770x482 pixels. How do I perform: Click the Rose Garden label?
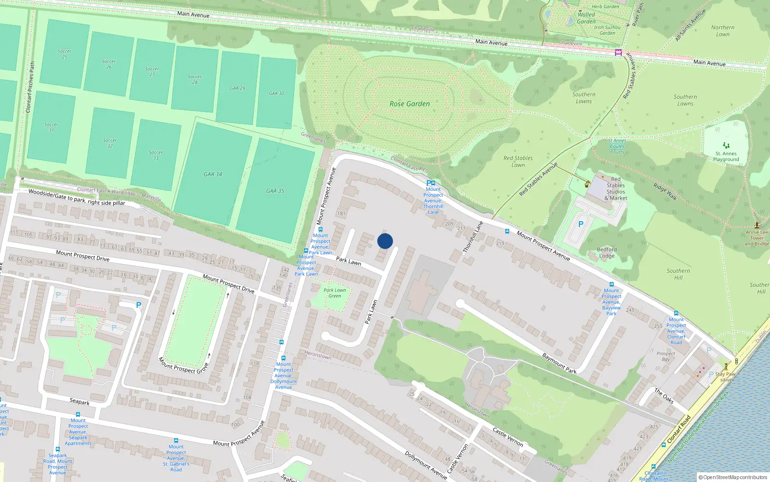point(410,104)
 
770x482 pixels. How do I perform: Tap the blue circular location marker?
point(385,241)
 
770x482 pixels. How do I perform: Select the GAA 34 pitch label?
point(213,174)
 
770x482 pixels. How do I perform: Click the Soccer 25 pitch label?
point(64,54)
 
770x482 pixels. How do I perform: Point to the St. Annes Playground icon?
point(726,145)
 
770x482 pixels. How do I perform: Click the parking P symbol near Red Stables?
point(581,224)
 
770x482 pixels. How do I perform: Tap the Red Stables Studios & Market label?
point(616,188)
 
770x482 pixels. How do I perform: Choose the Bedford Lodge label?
point(607,253)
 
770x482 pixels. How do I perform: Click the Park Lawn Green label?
point(334,293)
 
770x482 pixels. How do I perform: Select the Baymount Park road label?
point(559,363)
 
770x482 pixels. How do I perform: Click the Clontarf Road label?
point(679,429)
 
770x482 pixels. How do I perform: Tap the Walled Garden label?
point(586,18)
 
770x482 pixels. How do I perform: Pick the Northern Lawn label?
point(723,31)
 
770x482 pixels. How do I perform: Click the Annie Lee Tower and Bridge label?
point(757,238)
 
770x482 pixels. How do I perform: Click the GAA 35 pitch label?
point(275,191)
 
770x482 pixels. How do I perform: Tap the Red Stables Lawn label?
point(518,161)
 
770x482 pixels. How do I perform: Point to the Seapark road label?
point(79,402)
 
